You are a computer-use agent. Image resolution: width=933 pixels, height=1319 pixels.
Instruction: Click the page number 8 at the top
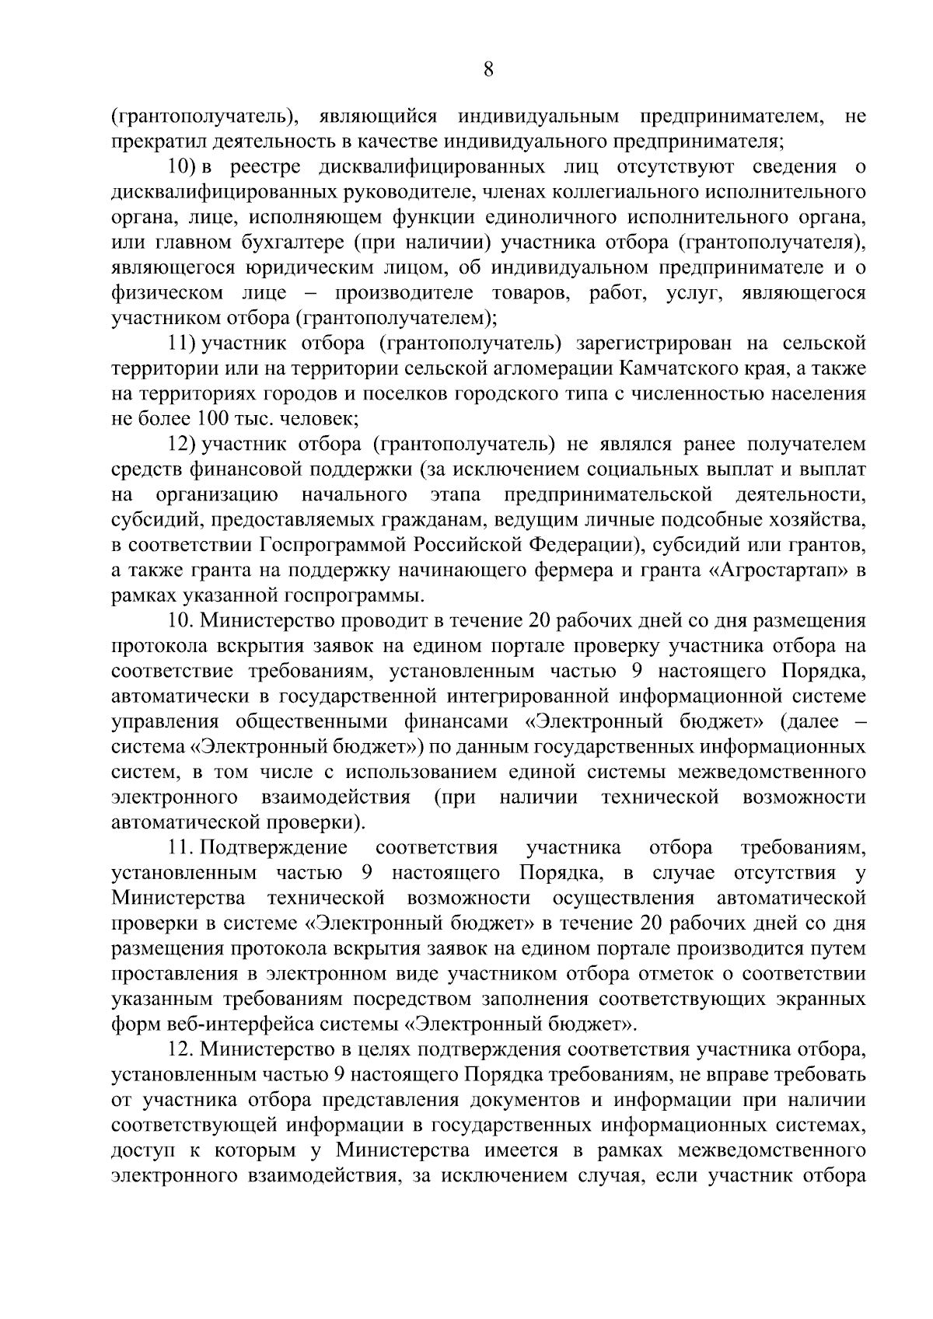[x=487, y=71]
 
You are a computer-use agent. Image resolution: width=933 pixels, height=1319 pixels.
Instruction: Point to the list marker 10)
[x=183, y=166]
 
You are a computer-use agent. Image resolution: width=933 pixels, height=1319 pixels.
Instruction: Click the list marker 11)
[x=183, y=343]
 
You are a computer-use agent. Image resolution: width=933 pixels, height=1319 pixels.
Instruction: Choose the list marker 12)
[x=183, y=445]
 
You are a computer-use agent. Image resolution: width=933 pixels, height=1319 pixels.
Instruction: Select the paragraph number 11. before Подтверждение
[x=180, y=848]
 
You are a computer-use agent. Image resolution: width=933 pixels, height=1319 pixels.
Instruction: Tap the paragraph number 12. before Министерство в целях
[x=180, y=1050]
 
